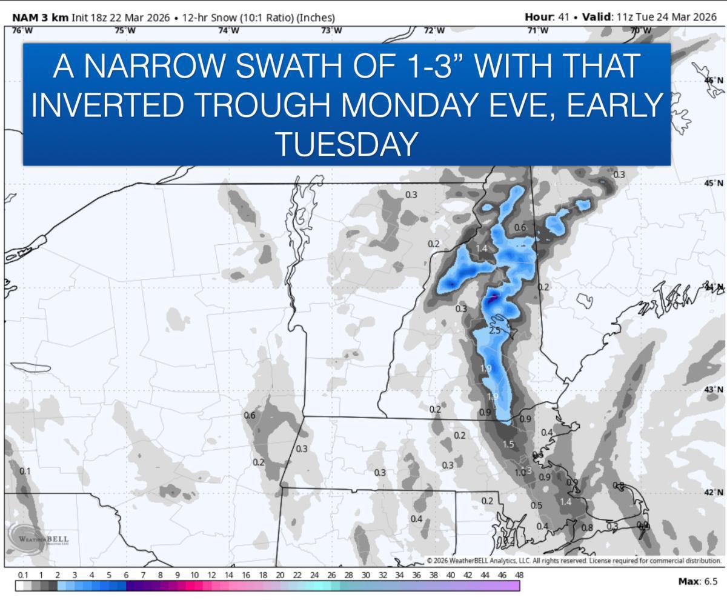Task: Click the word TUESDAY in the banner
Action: click(346, 144)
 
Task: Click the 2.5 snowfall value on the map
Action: click(494, 330)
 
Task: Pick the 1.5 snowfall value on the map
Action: click(508, 444)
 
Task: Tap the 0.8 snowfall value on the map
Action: click(587, 527)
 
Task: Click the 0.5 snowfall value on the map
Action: click(536, 505)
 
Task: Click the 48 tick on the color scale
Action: click(519, 575)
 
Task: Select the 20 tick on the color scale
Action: click(280, 575)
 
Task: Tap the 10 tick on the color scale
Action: click(194, 575)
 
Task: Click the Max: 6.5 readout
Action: click(698, 581)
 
